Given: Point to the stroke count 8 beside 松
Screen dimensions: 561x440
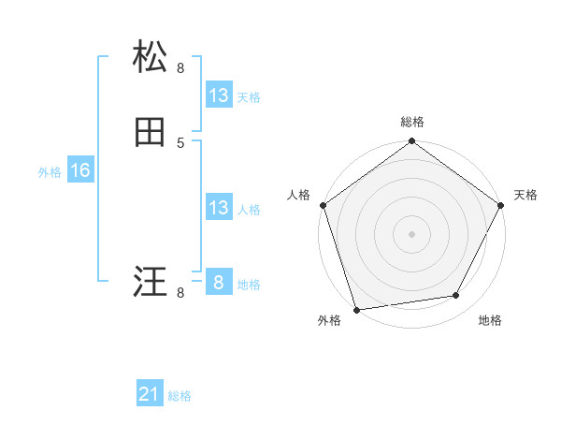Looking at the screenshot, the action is [x=180, y=67].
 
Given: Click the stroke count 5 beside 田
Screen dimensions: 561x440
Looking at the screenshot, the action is [x=180, y=142].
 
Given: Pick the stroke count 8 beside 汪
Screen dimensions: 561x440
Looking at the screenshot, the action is [x=180, y=293].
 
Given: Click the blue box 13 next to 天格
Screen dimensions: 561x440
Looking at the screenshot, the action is [x=219, y=95].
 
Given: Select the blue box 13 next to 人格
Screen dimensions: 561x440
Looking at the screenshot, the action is [x=219, y=208].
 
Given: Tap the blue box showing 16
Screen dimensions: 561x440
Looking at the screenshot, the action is [x=80, y=170].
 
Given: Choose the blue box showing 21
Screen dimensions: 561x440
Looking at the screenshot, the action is [x=150, y=395].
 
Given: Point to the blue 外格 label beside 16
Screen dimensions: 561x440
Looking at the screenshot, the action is [x=50, y=172].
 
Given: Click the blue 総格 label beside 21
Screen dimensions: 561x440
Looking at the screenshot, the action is [x=180, y=397].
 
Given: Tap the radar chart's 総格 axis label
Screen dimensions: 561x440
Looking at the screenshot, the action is [x=412, y=122].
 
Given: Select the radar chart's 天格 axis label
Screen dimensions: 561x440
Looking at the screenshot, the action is [x=525, y=195].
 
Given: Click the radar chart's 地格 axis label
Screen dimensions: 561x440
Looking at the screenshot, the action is [x=490, y=320].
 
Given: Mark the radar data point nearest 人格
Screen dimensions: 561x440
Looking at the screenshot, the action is [x=323, y=205].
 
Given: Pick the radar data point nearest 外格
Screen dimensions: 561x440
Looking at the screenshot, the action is [x=357, y=309].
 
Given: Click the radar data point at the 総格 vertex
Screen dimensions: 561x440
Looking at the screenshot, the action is [x=412, y=142].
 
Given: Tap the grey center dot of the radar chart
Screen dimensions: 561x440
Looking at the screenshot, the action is [x=412, y=233].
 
